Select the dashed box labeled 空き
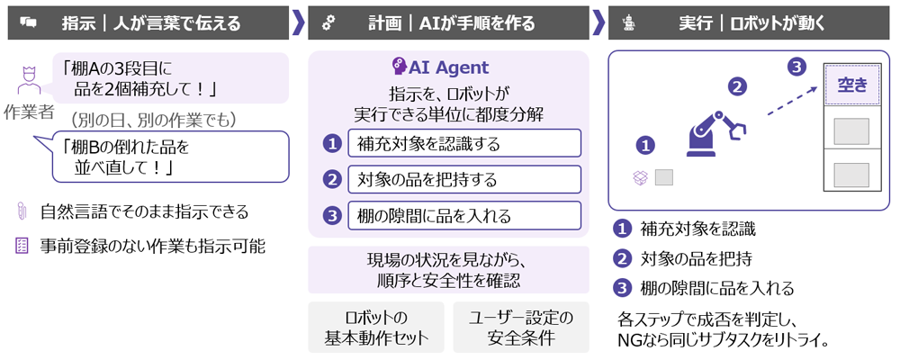coord(851,85)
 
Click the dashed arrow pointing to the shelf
coord(793,100)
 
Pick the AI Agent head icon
coord(399,67)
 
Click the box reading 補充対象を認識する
coord(464,143)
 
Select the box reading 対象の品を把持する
coord(464,179)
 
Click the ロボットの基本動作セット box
coord(376,328)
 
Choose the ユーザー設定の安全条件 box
coord(521,328)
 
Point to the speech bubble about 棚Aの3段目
coord(170,78)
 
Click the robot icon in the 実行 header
coord(628,23)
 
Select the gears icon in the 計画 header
coord(328,23)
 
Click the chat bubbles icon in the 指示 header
coord(28,23)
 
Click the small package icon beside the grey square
coord(640,178)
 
